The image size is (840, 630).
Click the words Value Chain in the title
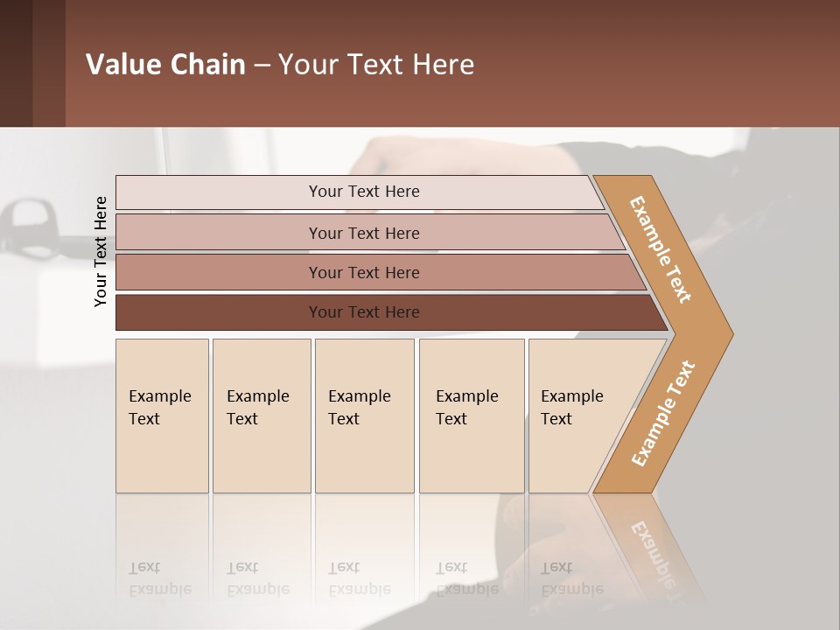[x=165, y=64]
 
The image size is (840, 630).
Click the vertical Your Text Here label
[x=101, y=251]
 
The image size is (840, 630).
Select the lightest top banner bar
[x=363, y=192]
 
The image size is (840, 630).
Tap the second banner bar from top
[x=363, y=233]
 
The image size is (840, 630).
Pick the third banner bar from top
[x=363, y=272]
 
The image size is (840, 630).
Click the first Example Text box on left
[x=162, y=416]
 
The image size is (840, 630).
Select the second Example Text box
[x=261, y=416]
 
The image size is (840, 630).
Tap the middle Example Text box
[x=364, y=416]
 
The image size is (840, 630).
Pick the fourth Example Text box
[x=471, y=416]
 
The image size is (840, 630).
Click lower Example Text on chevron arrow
[x=662, y=414]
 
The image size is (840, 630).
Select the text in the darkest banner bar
[x=363, y=312]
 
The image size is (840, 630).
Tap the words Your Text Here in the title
[x=376, y=64]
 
